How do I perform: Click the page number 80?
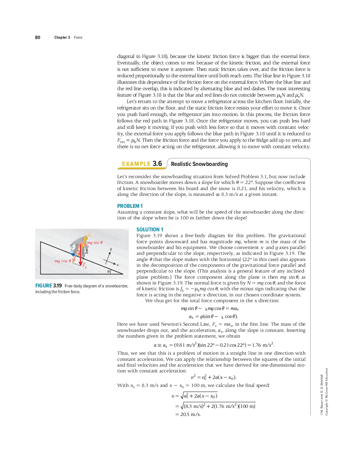(x=38, y=37)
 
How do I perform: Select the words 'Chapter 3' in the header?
(x=62, y=37)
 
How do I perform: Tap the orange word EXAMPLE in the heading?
(x=136, y=164)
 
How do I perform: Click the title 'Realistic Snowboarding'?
(x=199, y=164)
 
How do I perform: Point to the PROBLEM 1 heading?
(x=130, y=206)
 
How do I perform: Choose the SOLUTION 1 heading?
(x=150, y=229)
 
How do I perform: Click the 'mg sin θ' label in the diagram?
(x=95, y=243)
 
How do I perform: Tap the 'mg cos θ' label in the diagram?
(x=63, y=261)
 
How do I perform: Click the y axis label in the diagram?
(x=111, y=249)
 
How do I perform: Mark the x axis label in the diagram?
(x=118, y=265)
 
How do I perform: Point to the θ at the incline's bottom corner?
(x=109, y=272)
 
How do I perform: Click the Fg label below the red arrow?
(x=84, y=265)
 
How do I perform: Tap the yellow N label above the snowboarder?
(x=89, y=235)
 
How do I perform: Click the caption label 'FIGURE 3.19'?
(x=49, y=286)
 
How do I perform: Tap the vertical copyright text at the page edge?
(x=324, y=391)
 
